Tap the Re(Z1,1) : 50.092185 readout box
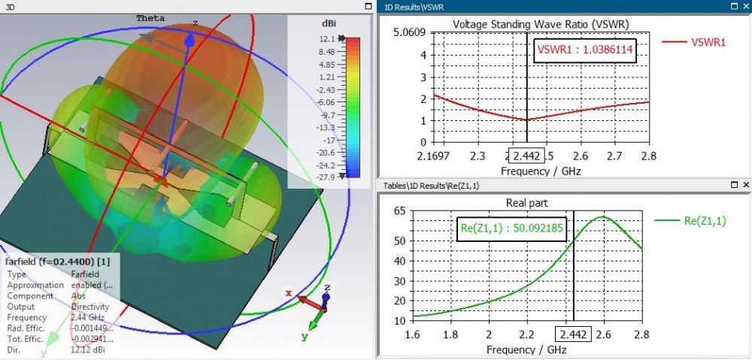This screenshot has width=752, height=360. pyautogui.click(x=511, y=229)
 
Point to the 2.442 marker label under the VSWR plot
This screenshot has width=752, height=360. pyautogui.click(x=523, y=156)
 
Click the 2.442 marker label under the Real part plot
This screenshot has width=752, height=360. pyautogui.click(x=573, y=334)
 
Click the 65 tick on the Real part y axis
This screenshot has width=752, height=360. pyautogui.click(x=399, y=211)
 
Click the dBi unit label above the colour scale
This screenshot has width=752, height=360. pyautogui.click(x=329, y=24)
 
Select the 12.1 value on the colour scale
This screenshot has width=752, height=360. pyautogui.click(x=326, y=39)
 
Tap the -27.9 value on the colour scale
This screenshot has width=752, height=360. pyautogui.click(x=325, y=177)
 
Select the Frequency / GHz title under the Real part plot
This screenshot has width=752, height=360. pyautogui.click(x=526, y=350)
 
